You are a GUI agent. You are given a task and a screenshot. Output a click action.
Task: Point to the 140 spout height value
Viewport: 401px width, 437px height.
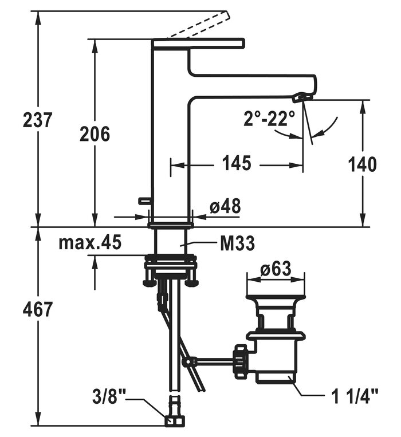[362, 164]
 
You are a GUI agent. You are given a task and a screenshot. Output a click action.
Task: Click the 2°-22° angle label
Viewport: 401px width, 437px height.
[269, 119]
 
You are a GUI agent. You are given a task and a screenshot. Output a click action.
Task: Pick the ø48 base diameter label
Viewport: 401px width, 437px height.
[225, 207]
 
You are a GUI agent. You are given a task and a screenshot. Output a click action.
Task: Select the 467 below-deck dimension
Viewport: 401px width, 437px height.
[38, 309]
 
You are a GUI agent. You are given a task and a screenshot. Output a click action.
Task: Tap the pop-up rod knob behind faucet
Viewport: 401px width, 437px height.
[143, 200]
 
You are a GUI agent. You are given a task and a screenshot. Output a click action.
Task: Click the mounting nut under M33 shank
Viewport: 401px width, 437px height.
[171, 266]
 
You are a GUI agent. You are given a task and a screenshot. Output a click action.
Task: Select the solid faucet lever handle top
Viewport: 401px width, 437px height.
[198, 43]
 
